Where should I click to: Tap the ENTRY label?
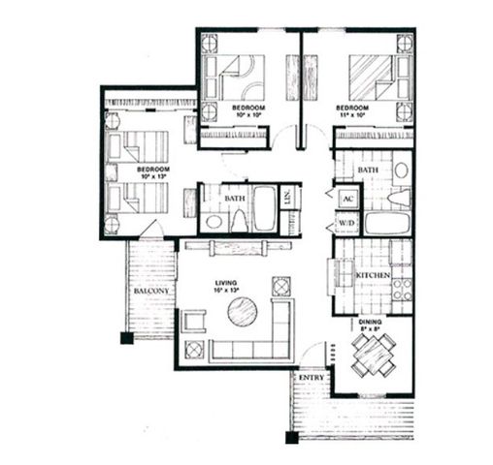[x=311, y=377]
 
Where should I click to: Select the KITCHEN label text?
[x=373, y=276]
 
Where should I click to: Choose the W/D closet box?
[x=346, y=223]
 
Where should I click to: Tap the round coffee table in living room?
[x=243, y=313]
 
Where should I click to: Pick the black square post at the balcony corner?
[x=125, y=338]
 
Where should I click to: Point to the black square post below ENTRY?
[x=291, y=436]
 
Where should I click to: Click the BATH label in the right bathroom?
[x=369, y=170]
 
